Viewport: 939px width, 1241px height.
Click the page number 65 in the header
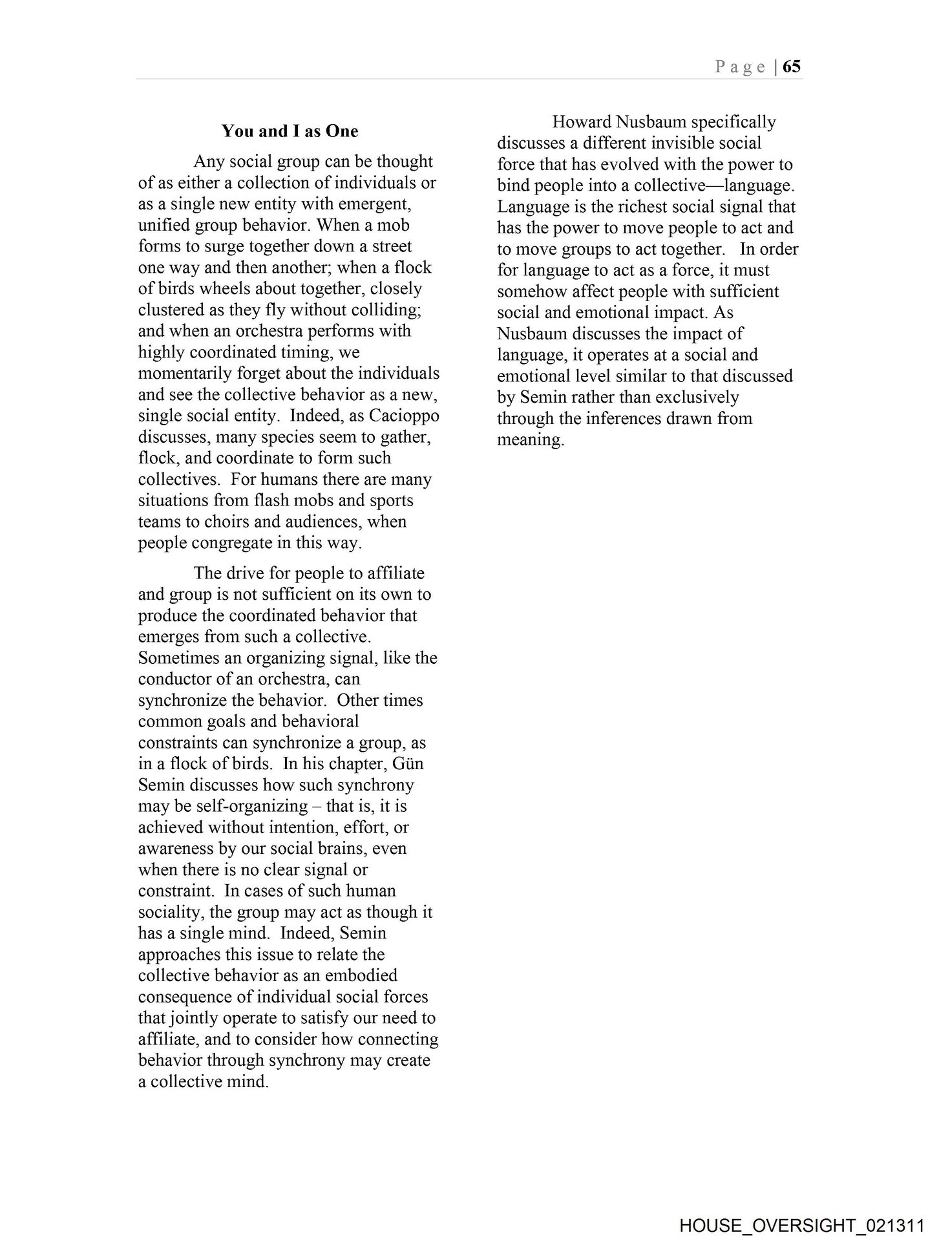click(792, 67)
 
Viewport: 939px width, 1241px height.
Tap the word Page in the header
click(740, 67)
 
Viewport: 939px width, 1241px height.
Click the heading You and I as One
click(290, 131)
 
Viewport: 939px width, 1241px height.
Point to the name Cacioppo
click(404, 416)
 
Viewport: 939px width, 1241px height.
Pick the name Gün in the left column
click(410, 763)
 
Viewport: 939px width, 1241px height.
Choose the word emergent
click(368, 204)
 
